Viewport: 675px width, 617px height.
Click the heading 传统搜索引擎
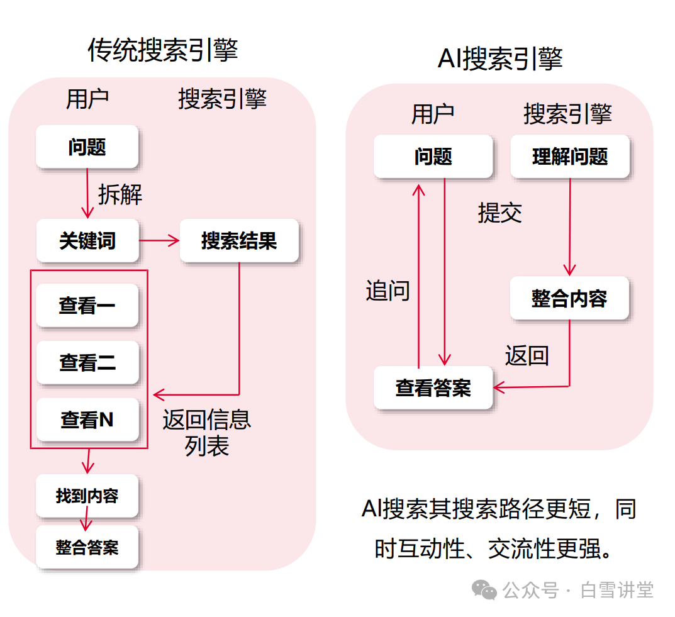coord(162,50)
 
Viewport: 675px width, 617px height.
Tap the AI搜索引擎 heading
coord(500,58)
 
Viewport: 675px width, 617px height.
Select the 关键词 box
coord(87,240)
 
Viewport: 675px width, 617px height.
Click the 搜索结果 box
coord(239,240)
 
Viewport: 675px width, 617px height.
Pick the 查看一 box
coord(87,306)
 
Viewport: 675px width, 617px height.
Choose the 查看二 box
coord(87,363)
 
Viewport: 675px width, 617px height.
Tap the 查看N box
coord(87,420)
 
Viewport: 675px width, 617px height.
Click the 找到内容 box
coord(87,496)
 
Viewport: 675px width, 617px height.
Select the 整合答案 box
coord(87,547)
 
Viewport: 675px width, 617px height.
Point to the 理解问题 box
coord(570,156)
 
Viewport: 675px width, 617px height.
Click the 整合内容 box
coord(569,298)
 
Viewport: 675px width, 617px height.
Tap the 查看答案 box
coord(433,387)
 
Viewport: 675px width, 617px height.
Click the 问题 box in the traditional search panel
coord(87,147)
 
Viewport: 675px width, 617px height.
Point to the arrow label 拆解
coord(120,194)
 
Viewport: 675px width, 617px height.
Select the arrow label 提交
coord(500,213)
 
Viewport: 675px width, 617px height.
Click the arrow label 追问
coord(388,291)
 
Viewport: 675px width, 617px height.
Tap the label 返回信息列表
coord(207,432)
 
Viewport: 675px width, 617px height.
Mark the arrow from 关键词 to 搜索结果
coord(159,240)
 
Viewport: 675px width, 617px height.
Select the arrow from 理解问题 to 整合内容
coord(569,226)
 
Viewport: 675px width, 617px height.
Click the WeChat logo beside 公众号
coord(484,589)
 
